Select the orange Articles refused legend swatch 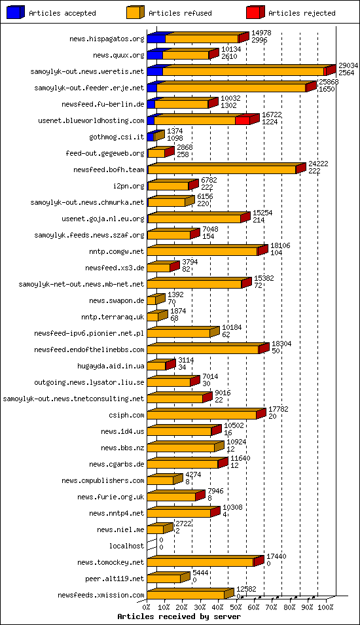coord(135,12)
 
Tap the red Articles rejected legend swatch coord(255,12)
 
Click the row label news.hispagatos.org coord(107,39)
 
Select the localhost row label coord(126,546)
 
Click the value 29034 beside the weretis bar coord(348,66)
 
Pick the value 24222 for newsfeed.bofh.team coord(318,164)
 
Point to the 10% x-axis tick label coord(164,607)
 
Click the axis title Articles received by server coord(170,616)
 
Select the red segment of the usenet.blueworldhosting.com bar coord(242,120)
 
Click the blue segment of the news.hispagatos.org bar coord(156,39)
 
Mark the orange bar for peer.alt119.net coord(164,579)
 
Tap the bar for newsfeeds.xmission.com coord(186,595)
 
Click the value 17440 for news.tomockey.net coord(275,556)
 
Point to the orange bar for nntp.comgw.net coord(202,251)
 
